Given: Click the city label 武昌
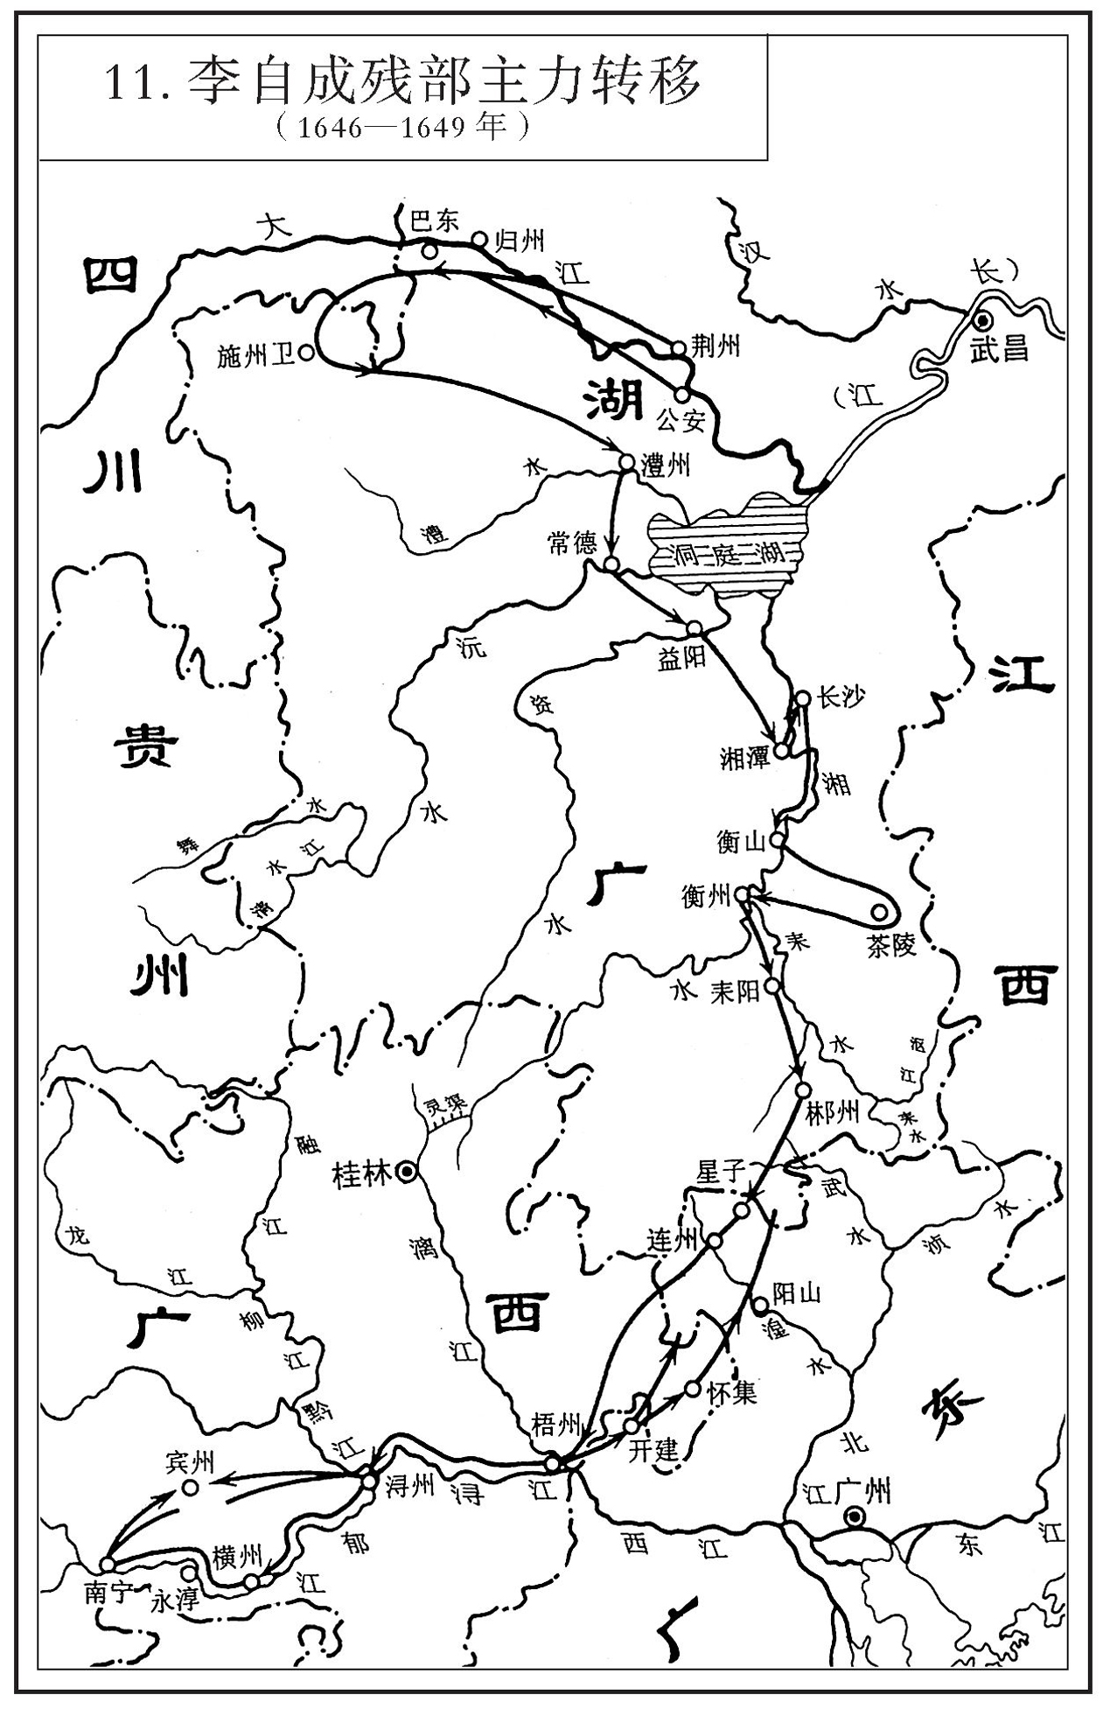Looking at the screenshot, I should (x=998, y=350).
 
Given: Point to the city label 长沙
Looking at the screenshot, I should (x=841, y=697).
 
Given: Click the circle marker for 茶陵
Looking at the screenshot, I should (x=880, y=913).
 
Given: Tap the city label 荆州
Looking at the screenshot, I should (x=716, y=347).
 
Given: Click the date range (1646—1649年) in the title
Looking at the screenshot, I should (x=401, y=128).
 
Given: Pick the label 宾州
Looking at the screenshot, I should (x=190, y=1462).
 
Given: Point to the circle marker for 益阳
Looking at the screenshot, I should (x=695, y=628).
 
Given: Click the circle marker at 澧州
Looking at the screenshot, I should (x=626, y=461).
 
